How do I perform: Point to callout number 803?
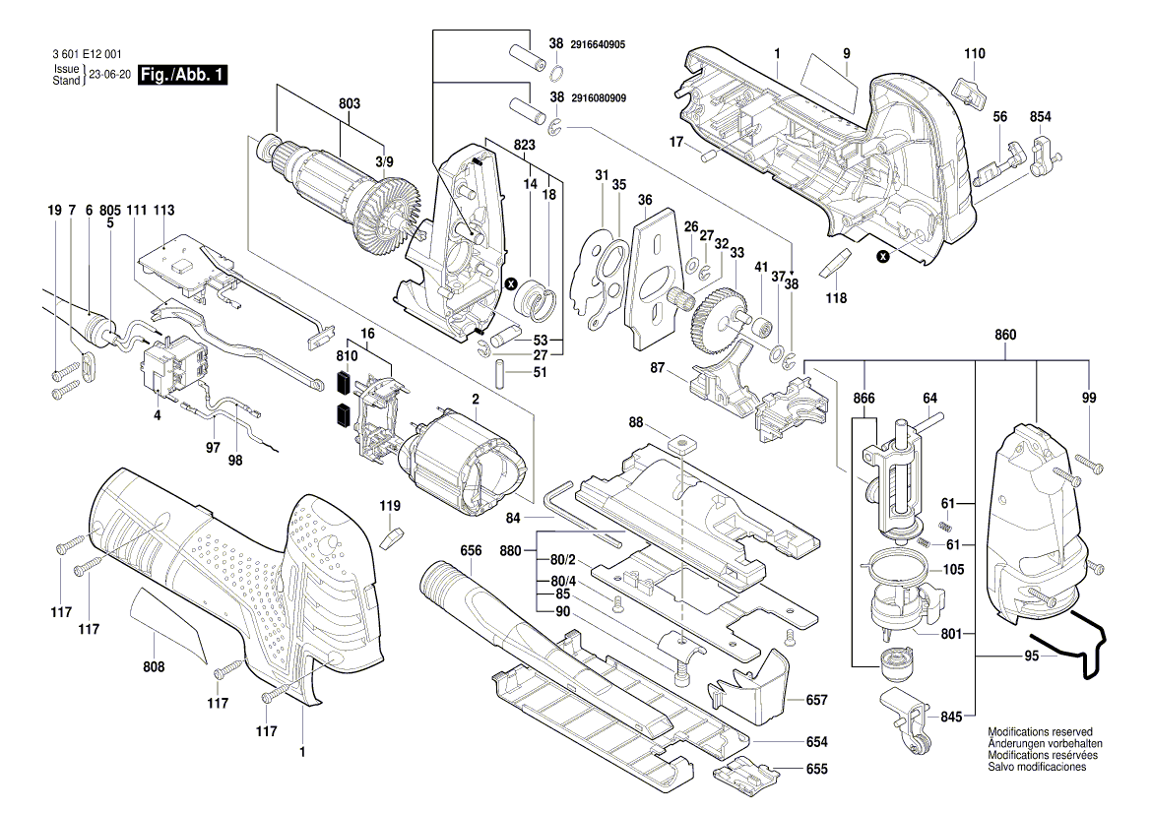[350, 103]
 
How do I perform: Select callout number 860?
[1004, 336]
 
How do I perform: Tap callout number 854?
[1041, 117]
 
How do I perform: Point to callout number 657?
[816, 700]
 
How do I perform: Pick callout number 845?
[950, 718]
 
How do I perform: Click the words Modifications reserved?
[1040, 732]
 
